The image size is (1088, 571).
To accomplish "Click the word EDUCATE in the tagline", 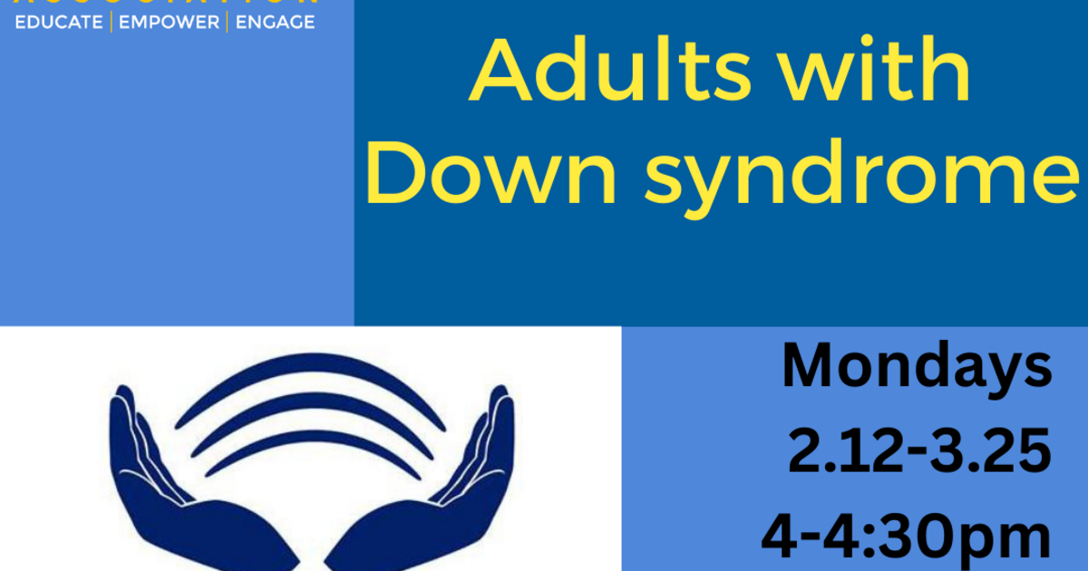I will pyautogui.click(x=59, y=22).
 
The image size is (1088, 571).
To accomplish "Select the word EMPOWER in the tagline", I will pyautogui.click(x=169, y=22).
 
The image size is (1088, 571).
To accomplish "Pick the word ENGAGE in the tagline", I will pyautogui.click(x=275, y=22).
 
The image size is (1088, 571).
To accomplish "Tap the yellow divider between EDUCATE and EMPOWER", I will pyautogui.click(x=111, y=22).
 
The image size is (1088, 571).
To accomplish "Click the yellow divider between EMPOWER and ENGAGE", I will pyautogui.click(x=227, y=22).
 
